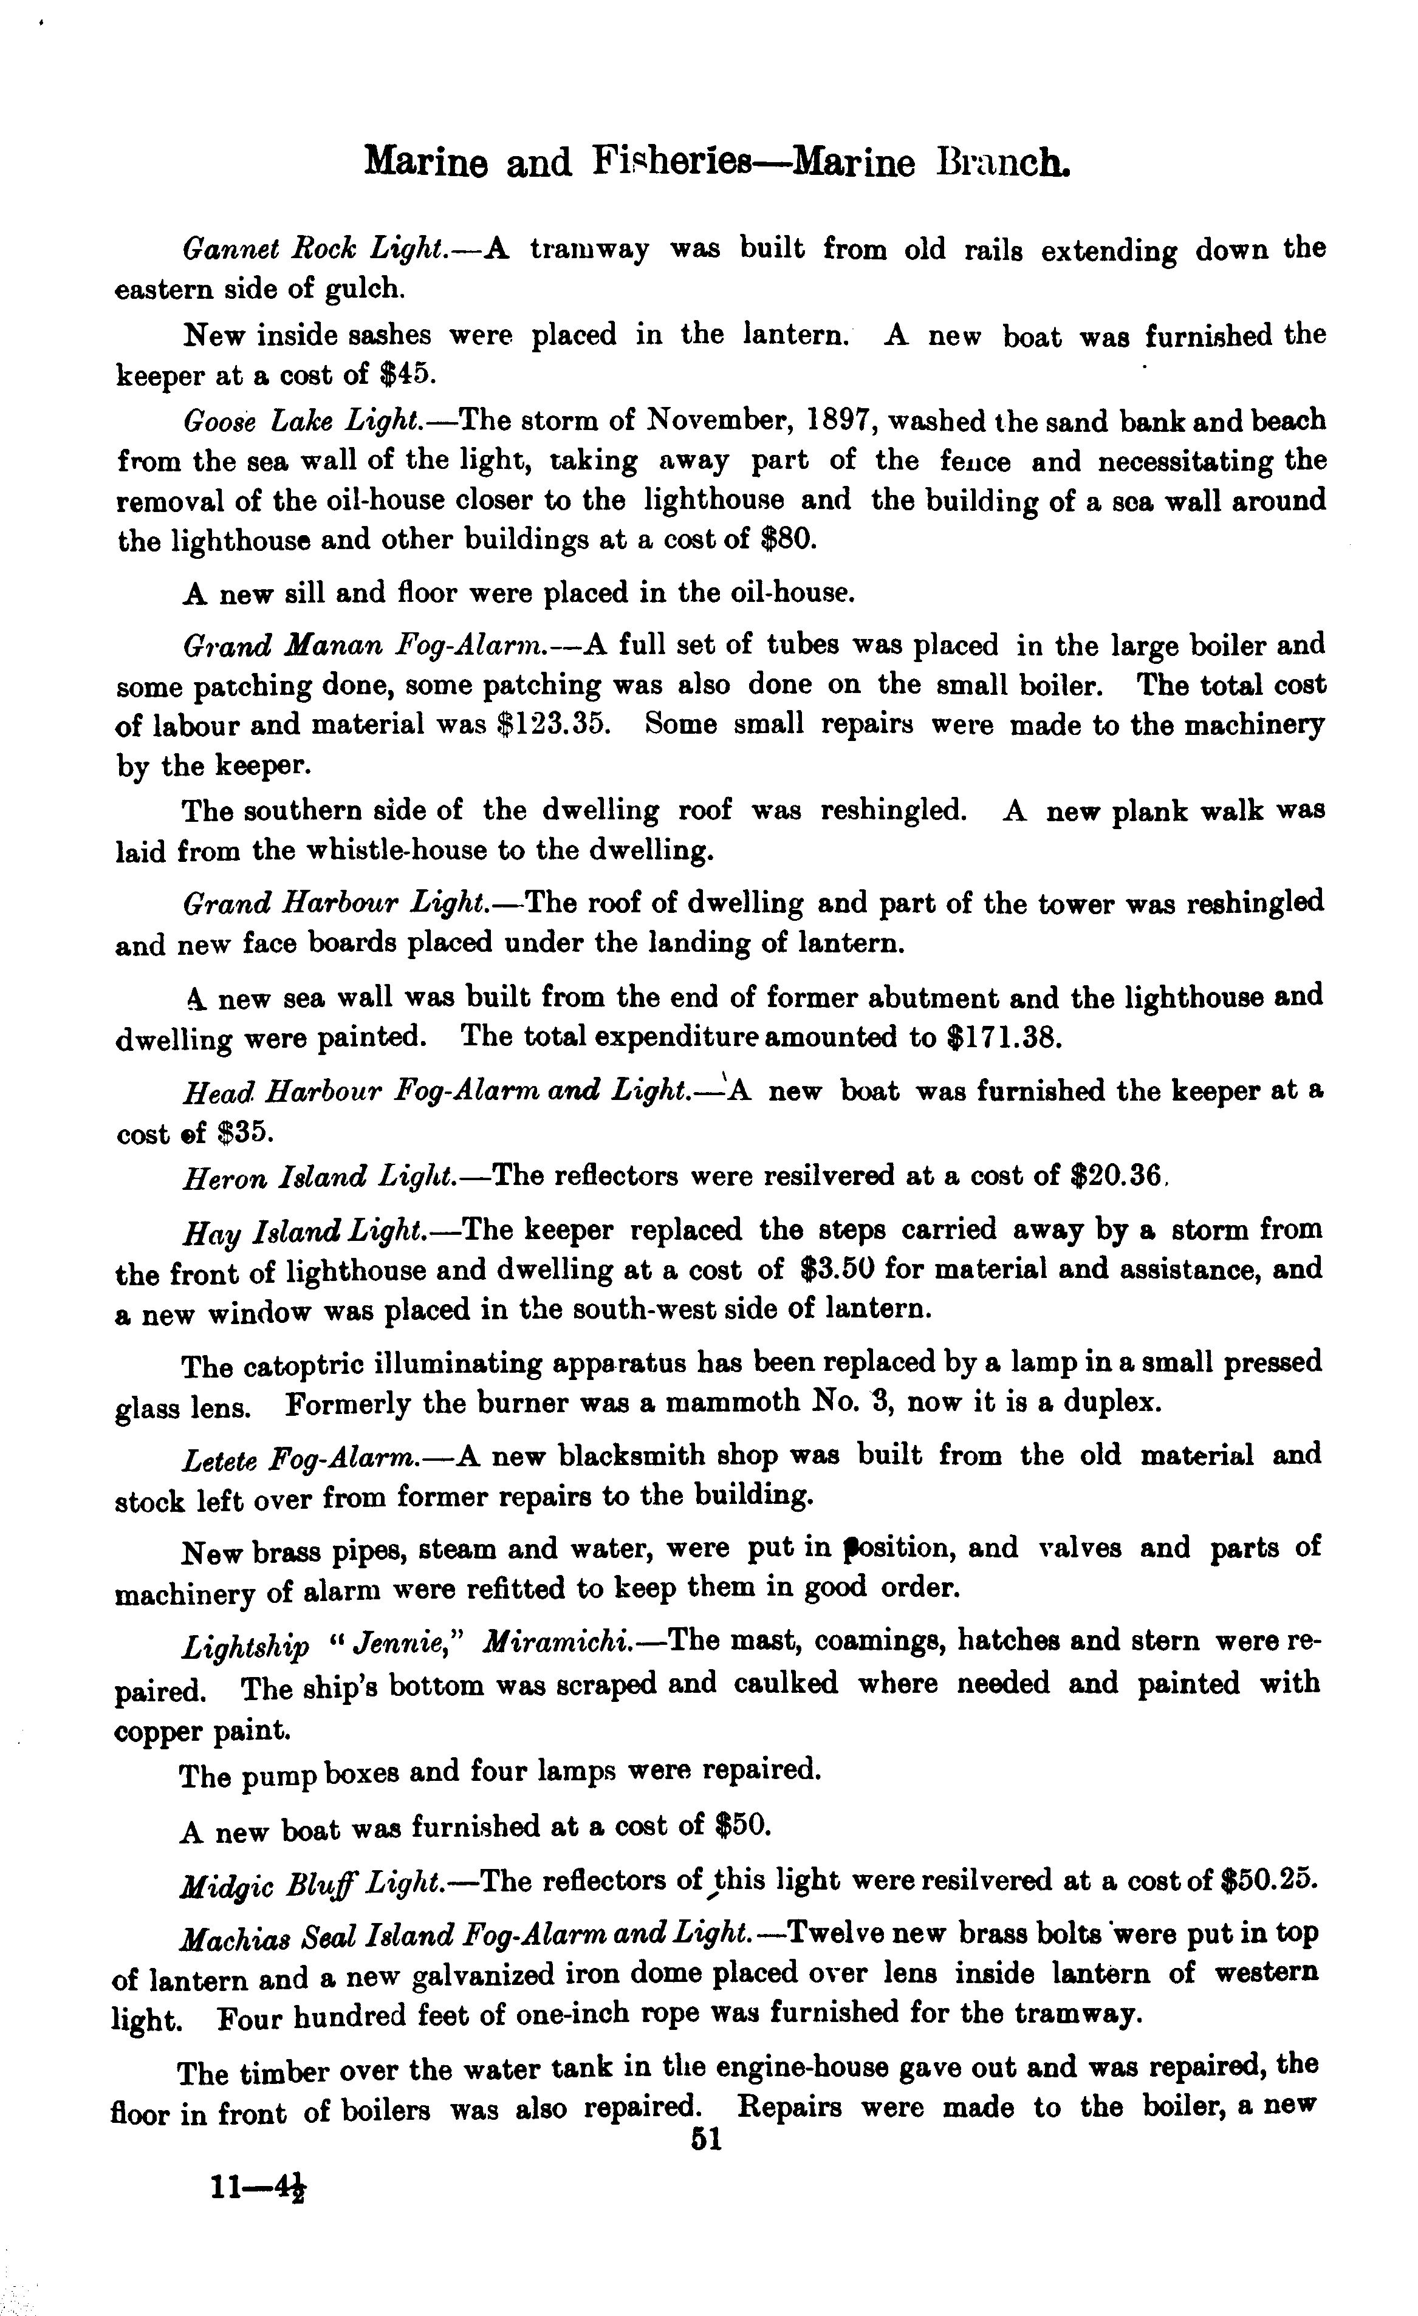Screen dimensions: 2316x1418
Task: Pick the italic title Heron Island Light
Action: coord(320,1177)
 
